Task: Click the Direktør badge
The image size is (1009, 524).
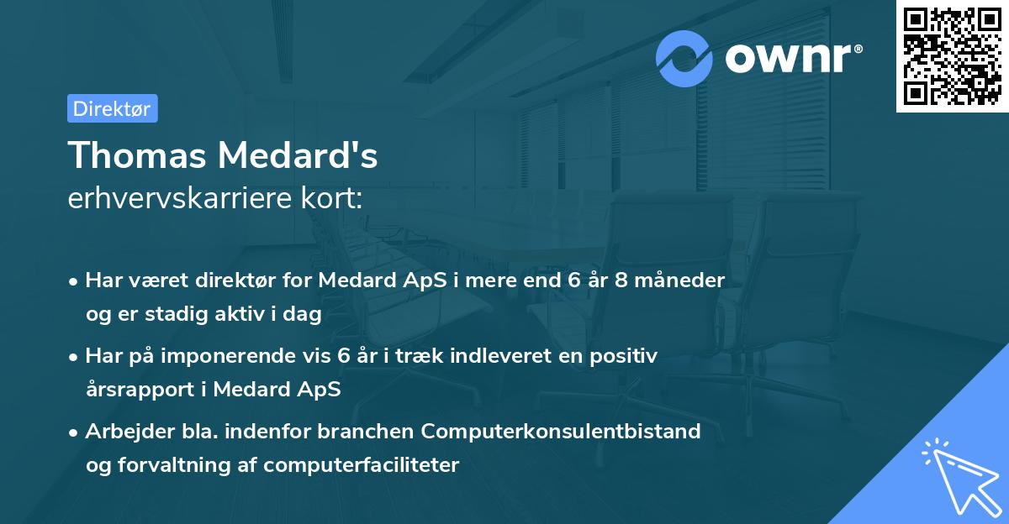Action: point(112,108)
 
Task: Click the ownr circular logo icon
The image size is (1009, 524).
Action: point(684,59)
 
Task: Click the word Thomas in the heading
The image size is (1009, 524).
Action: point(135,155)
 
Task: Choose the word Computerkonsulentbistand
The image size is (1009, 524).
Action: point(561,432)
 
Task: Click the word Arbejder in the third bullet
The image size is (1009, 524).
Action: point(123,432)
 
